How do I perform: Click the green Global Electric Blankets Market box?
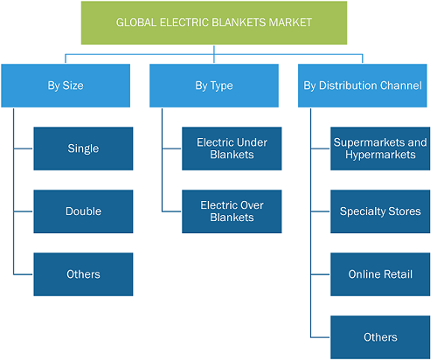[x=214, y=23]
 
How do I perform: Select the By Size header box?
[x=66, y=86]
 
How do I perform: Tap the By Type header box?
[x=214, y=86]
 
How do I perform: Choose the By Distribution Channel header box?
[x=363, y=86]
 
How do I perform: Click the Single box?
[x=83, y=149]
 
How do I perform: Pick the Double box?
[x=83, y=211]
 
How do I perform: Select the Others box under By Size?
[x=83, y=274]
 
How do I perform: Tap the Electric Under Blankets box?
[x=232, y=149]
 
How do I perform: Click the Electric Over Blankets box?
[x=232, y=211]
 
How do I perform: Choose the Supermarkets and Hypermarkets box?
[x=380, y=149]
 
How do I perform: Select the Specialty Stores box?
[x=380, y=211]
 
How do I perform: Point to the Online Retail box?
[x=380, y=274]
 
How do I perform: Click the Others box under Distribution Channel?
[x=380, y=337]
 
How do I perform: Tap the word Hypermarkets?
[x=380, y=155]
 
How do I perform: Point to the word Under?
[x=253, y=142]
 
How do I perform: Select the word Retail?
[x=398, y=274]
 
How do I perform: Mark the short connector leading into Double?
[x=24, y=211]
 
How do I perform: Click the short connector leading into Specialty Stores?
[x=321, y=211]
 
